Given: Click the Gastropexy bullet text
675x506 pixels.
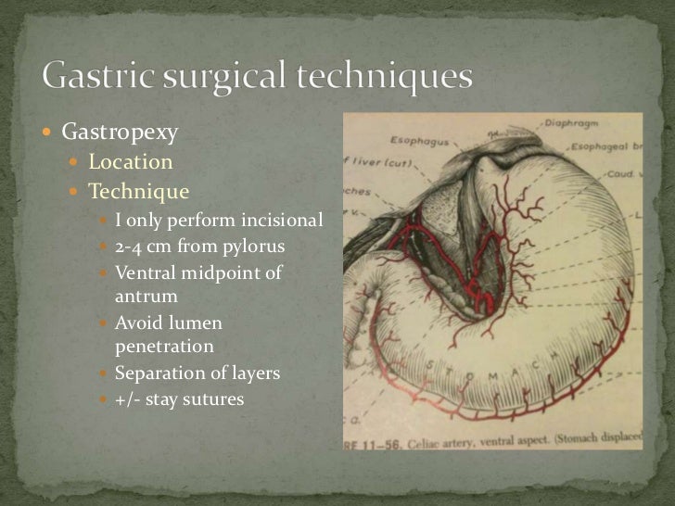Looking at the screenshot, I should coord(120,133).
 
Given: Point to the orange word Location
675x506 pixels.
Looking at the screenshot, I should coord(130,162).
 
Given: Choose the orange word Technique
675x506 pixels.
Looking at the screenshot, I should coord(138,192).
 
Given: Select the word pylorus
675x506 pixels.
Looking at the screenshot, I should coord(251,247).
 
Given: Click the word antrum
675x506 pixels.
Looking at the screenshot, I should coord(146,297).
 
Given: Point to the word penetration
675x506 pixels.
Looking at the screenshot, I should coord(164,348).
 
